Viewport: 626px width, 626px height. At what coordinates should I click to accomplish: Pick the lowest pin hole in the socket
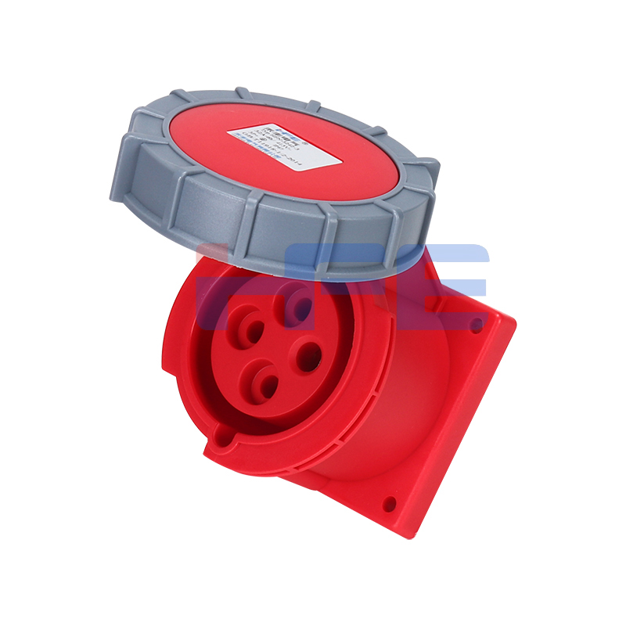pos(267,385)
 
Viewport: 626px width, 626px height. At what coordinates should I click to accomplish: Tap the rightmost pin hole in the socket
pos(309,357)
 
